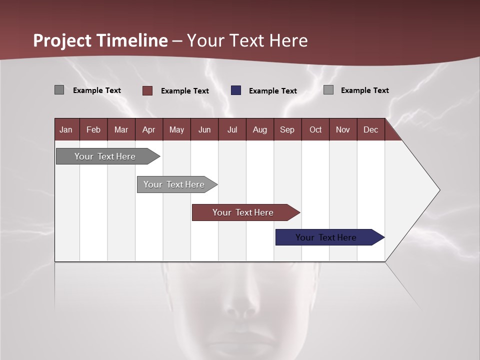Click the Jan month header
(x=66, y=129)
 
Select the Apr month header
(x=148, y=129)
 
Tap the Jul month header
(x=232, y=129)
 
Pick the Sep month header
(x=287, y=129)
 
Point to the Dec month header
(x=370, y=129)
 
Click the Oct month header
(x=315, y=129)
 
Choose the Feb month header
(x=93, y=129)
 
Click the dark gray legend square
(x=59, y=90)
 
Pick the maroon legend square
(x=147, y=90)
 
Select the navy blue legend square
(x=236, y=90)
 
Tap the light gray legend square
(x=328, y=90)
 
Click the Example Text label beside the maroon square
(x=184, y=91)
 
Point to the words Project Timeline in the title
(x=100, y=40)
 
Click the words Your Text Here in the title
(x=247, y=40)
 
